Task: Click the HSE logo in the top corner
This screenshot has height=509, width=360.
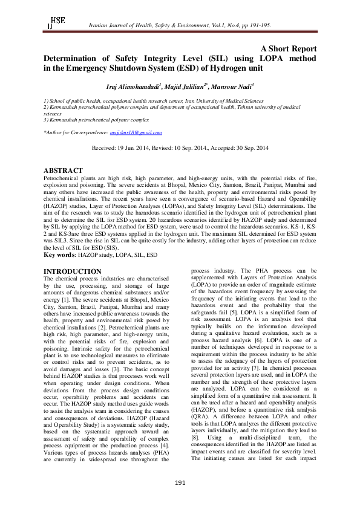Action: [56, 23]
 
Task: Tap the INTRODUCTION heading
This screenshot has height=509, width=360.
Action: [73, 271]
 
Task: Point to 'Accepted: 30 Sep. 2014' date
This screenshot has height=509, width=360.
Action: [241, 148]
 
